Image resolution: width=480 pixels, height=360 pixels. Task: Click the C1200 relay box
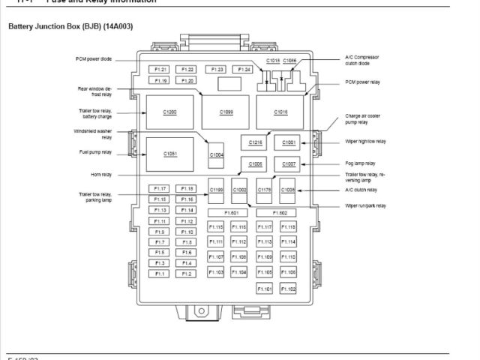169,112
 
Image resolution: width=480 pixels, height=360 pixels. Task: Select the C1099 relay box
226,112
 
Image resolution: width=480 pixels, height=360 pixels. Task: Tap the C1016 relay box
280,112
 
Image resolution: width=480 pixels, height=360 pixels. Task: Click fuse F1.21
161,69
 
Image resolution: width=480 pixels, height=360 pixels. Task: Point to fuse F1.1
160,274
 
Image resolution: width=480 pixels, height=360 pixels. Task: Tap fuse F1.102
289,289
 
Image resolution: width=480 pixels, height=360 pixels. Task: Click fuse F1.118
289,226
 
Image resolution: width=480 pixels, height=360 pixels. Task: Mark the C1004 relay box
216,154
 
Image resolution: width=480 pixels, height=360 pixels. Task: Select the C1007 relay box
289,163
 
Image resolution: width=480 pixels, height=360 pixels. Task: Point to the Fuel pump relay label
95,152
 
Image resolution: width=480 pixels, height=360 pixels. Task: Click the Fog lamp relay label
360,163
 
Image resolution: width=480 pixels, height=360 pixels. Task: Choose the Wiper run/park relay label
365,205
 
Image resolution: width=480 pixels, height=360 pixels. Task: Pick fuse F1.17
160,188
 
